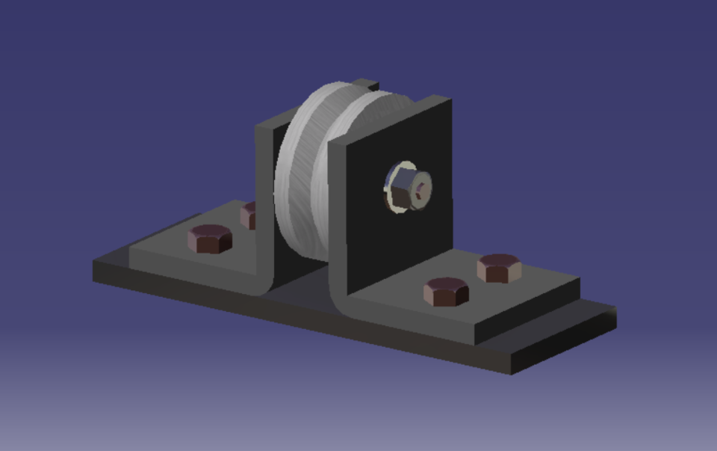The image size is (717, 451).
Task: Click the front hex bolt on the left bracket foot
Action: (x=210, y=238)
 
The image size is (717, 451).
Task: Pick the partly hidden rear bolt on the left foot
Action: (x=247, y=215)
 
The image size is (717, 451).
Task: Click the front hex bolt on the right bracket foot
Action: (x=446, y=292)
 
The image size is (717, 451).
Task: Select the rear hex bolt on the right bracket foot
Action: (x=499, y=267)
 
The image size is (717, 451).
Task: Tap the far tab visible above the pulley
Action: (x=366, y=83)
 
